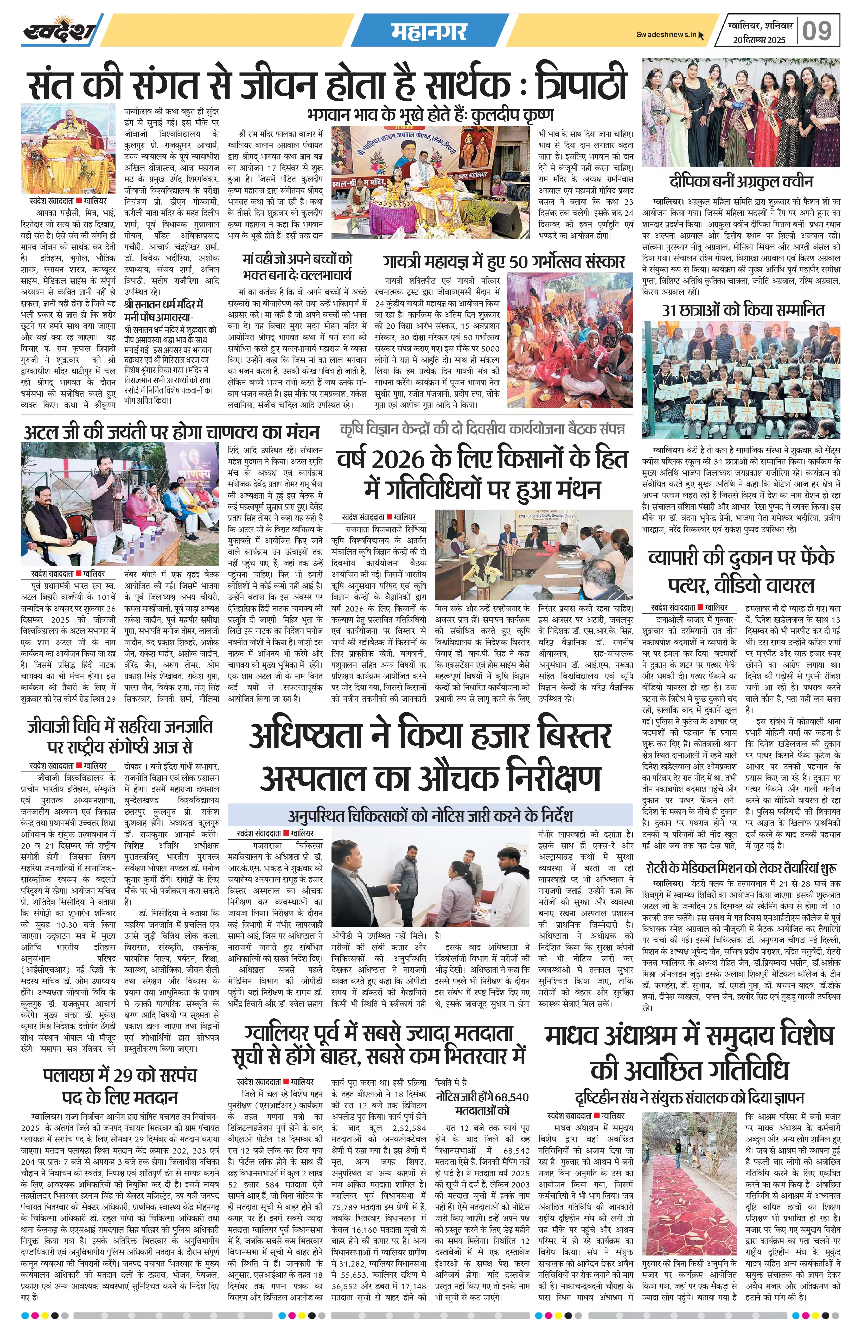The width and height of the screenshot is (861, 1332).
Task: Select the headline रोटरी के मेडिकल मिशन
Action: click(741, 868)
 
